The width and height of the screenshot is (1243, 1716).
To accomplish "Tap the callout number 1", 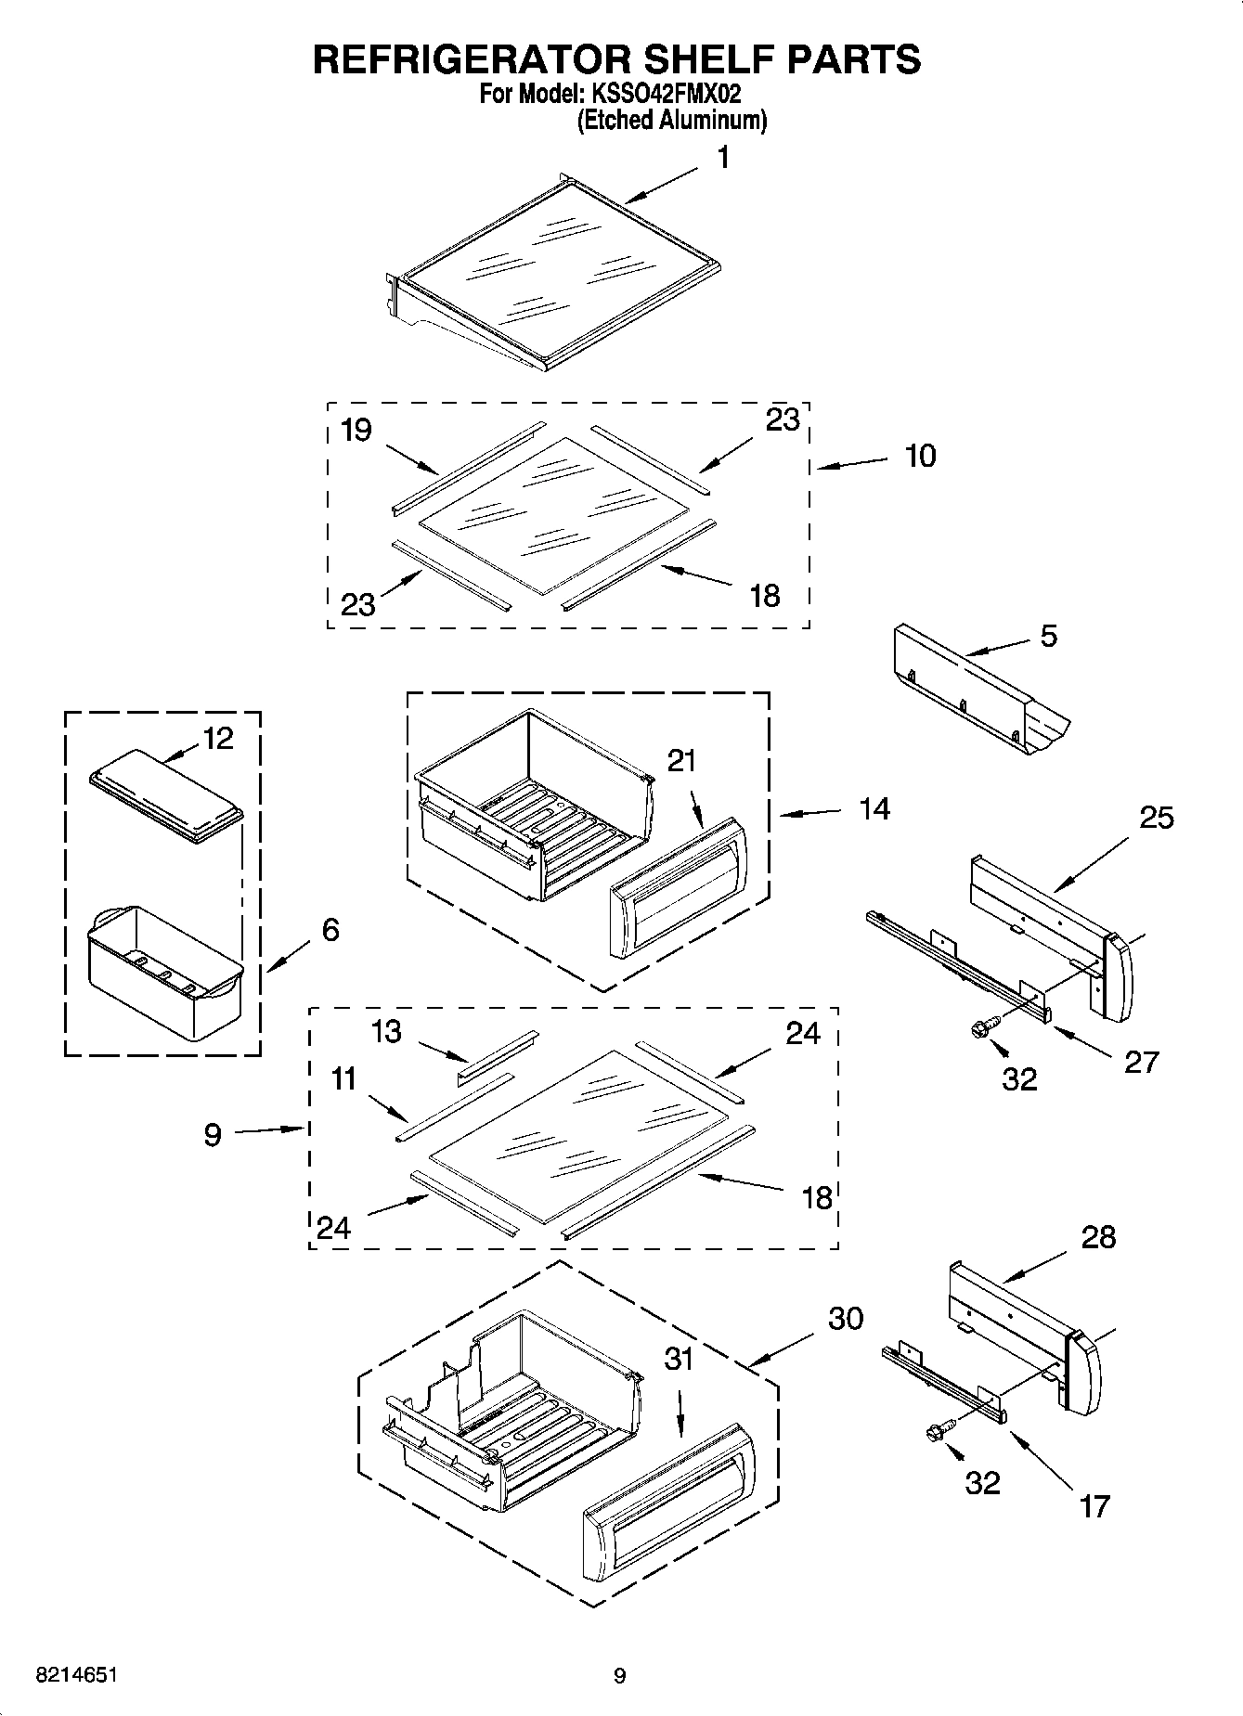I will tap(723, 159).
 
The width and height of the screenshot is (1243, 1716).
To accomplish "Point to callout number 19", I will tap(356, 430).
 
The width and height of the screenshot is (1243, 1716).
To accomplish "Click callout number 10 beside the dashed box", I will tap(920, 457).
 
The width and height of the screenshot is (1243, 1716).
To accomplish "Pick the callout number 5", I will tap(1048, 637).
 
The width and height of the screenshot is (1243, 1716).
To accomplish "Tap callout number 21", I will tap(681, 761).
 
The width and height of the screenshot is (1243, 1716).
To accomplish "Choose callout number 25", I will tap(1157, 818).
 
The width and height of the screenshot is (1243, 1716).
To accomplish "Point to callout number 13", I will tap(386, 1031).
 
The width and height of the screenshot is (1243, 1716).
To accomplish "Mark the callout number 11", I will tap(344, 1080).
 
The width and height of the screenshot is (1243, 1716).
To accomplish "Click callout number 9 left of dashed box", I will tap(213, 1134).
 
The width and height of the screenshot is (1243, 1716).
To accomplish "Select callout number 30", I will tap(845, 1319).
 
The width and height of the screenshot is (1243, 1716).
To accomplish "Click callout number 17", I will tap(1094, 1505).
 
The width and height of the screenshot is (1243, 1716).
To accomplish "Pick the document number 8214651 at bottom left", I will tap(77, 1676).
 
